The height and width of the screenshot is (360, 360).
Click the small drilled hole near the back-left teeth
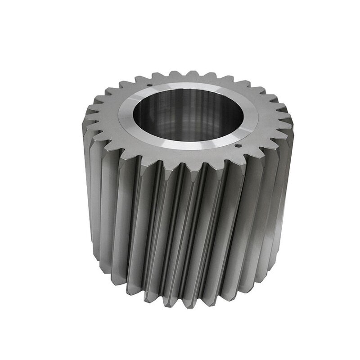coord(148,83)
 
